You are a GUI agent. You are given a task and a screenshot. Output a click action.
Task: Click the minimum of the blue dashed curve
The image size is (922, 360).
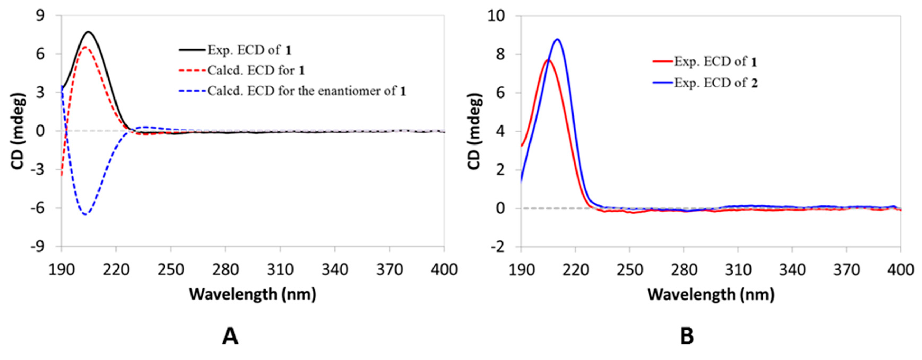[85, 214]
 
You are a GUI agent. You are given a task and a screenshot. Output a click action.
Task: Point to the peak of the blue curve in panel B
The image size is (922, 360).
[557, 39]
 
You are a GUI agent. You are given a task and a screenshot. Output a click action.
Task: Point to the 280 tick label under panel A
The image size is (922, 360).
[226, 269]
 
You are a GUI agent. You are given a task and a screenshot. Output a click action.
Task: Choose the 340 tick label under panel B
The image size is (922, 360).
[793, 269]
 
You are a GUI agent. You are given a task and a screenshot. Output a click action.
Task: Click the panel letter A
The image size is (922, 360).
[230, 336]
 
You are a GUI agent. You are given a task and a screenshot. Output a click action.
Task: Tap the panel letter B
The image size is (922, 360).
[687, 336]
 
